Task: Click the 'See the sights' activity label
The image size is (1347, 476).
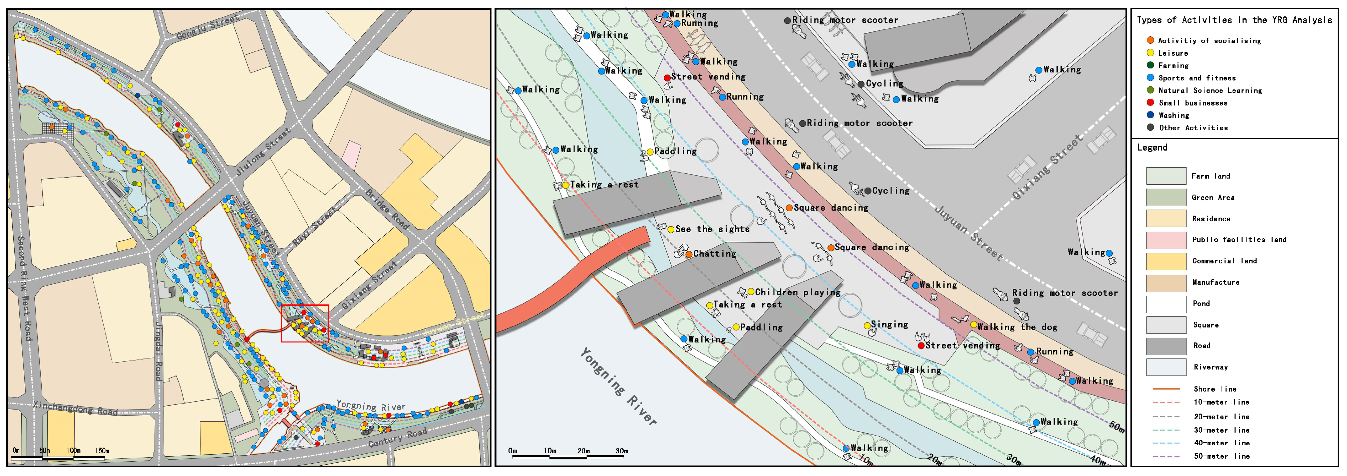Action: [712, 229]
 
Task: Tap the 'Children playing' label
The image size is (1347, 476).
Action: [797, 292]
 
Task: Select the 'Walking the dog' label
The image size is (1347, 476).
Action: [1017, 327]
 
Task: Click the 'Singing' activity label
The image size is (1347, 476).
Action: [889, 325]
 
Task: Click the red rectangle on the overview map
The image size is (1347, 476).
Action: [305, 323]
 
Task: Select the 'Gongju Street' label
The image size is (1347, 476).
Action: [207, 27]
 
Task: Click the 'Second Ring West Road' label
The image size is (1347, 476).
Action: [24, 288]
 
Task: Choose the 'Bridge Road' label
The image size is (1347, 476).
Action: [387, 209]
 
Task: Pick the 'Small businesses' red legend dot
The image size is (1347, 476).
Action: [1150, 102]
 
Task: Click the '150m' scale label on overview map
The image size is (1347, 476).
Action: [102, 450]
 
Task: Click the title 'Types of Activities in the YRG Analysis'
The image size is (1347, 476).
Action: [1234, 20]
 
